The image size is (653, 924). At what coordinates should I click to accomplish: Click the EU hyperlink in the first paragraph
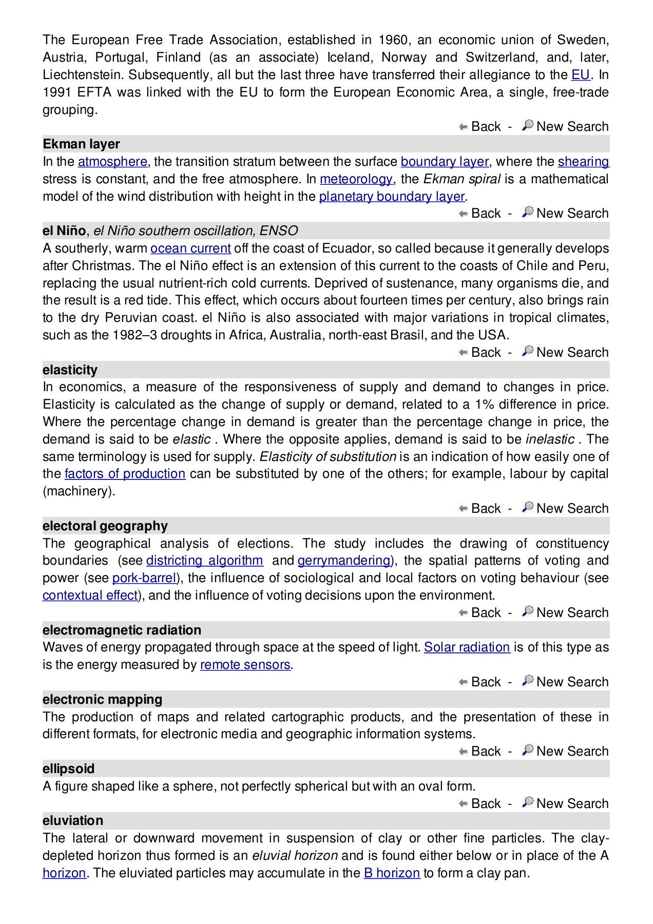click(580, 75)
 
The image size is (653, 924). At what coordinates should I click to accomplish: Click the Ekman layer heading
click(81, 144)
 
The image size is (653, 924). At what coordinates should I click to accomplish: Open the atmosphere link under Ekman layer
click(112, 162)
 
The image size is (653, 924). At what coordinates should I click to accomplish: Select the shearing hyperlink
click(583, 162)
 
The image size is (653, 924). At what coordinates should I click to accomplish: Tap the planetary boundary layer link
click(392, 197)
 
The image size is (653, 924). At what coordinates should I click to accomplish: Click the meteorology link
click(356, 179)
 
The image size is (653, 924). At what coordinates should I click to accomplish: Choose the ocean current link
click(190, 248)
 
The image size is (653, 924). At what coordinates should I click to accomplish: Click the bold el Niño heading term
click(64, 231)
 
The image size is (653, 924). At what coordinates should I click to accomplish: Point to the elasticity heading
click(70, 370)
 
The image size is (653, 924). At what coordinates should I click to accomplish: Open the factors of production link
click(125, 474)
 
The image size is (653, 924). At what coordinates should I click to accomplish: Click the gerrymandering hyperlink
click(344, 561)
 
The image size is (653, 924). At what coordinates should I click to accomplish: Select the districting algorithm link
click(204, 561)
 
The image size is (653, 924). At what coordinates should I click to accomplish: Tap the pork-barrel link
click(144, 578)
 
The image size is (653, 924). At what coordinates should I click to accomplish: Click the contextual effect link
click(90, 595)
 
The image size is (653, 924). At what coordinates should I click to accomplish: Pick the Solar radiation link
click(467, 647)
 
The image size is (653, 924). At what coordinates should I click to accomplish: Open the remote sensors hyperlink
click(245, 665)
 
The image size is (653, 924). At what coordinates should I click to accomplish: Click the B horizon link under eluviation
click(392, 873)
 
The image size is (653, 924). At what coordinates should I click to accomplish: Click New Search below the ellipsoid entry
click(572, 804)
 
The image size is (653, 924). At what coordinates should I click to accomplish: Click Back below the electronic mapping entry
click(485, 752)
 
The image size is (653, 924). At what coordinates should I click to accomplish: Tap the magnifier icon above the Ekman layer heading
click(527, 125)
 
